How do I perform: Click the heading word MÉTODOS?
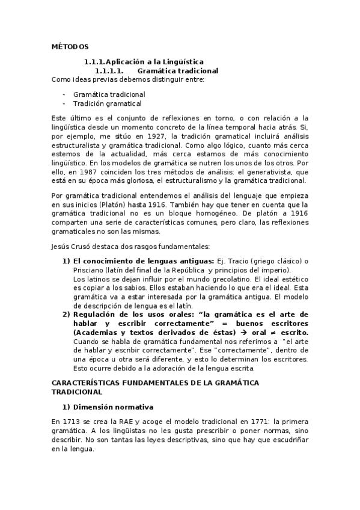point(69,46)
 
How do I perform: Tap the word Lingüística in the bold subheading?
point(182,61)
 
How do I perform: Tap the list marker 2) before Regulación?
point(66,314)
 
